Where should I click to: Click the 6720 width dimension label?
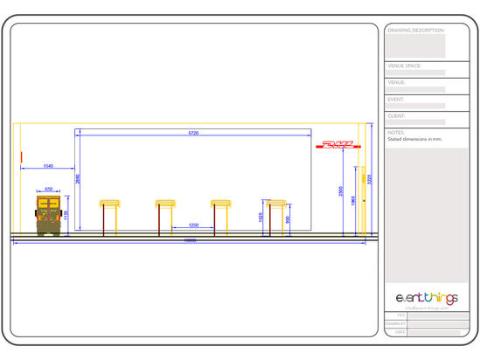click(193, 132)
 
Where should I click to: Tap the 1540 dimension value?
click(48, 165)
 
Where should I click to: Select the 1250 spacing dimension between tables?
click(194, 226)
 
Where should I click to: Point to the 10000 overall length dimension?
click(189, 242)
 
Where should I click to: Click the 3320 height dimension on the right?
click(371, 180)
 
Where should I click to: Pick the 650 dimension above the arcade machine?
click(49, 189)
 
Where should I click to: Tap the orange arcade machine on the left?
click(48, 214)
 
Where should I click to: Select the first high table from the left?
click(110, 217)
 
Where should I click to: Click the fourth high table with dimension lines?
click(277, 217)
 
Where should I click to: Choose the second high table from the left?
click(166, 217)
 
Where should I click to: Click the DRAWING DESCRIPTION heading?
click(415, 30)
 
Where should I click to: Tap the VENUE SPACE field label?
click(405, 66)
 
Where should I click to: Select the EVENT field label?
click(396, 100)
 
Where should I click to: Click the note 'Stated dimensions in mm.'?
click(414, 138)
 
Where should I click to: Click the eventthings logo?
click(427, 298)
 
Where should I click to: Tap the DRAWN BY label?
click(396, 323)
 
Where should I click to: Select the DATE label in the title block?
click(400, 332)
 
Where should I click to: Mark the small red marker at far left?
click(20, 157)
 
